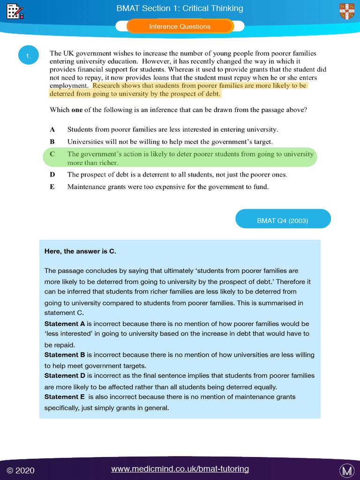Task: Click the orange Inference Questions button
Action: (180, 27)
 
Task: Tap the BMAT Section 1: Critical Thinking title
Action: (180, 8)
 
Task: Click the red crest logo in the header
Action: (347, 11)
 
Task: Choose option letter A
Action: (52, 129)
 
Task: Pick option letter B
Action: (52, 142)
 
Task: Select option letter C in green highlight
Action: (52, 154)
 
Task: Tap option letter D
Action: (52, 174)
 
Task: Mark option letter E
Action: (52, 187)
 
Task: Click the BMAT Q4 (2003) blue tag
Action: (283, 220)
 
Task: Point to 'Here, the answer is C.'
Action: (80, 251)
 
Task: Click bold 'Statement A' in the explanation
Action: (65, 324)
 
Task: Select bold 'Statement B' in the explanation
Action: (65, 355)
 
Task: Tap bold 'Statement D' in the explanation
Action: (65, 375)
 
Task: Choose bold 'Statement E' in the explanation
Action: (65, 397)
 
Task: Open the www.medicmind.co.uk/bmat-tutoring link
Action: (180, 469)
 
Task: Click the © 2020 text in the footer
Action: (21, 470)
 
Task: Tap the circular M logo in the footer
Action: (346, 470)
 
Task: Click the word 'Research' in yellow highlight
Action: (107, 86)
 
